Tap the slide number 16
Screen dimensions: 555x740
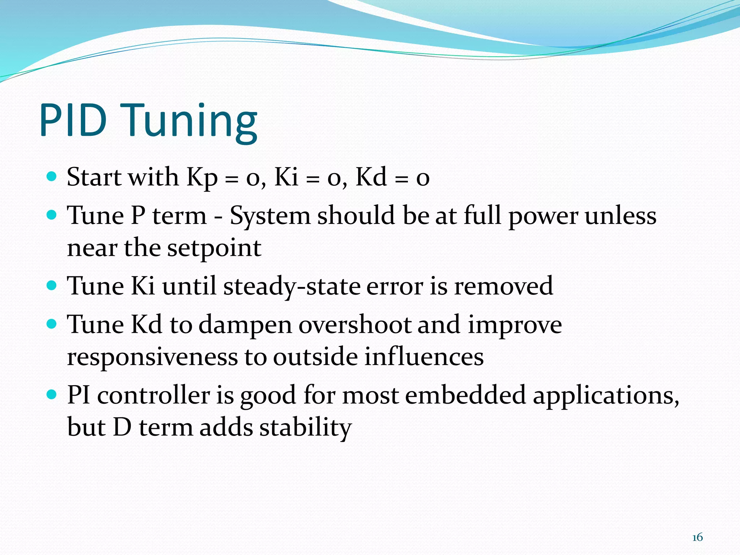pyautogui.click(x=697, y=537)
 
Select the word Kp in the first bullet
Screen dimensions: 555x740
pyautogui.click(x=202, y=178)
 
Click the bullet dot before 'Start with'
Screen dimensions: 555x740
pyautogui.click(x=52, y=177)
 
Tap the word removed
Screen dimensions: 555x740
pyautogui.click(x=503, y=286)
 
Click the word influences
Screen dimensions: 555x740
pyautogui.click(x=424, y=357)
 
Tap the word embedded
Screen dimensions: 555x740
pyautogui.click(x=465, y=395)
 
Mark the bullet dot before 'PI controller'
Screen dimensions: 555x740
pyautogui.click(x=52, y=394)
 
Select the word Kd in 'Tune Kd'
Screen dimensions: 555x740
pyautogui.click(x=146, y=324)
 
